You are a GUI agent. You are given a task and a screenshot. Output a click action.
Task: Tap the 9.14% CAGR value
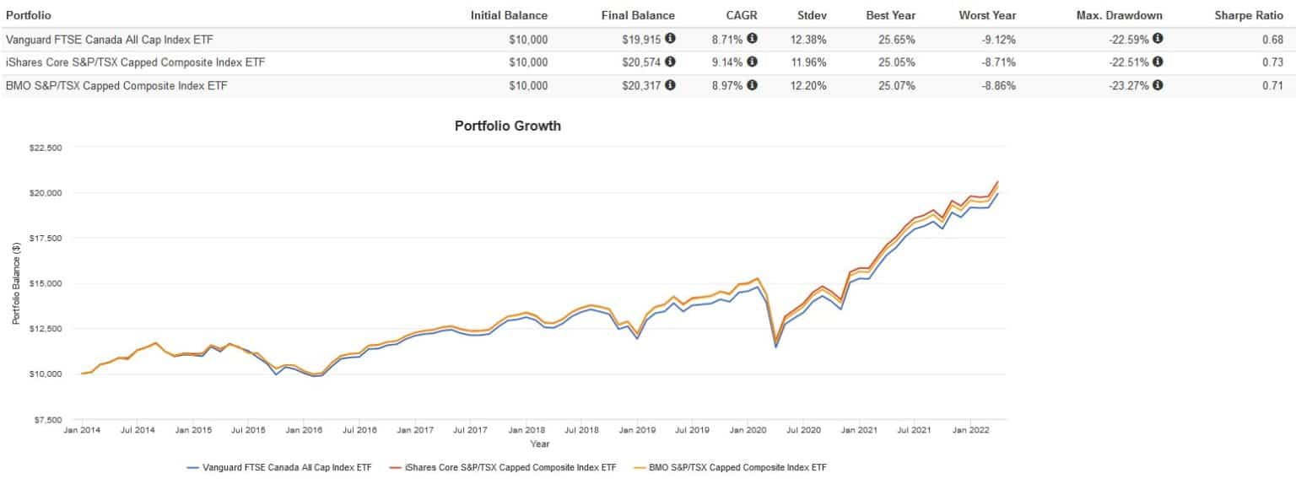coord(734,62)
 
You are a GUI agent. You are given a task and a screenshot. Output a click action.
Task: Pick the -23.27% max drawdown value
coord(1126,85)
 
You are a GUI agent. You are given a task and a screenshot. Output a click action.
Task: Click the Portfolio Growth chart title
coord(508,126)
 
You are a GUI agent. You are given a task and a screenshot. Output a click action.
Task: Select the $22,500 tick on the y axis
coord(46,148)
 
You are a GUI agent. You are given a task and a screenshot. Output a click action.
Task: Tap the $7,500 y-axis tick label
coord(48,419)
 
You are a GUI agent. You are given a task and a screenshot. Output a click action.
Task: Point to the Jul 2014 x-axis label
coord(138,430)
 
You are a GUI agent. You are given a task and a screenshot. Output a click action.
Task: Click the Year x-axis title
coord(540,444)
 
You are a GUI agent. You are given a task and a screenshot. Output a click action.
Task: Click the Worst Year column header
coord(987,15)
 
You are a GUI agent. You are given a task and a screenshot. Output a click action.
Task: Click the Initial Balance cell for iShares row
coord(528,62)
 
